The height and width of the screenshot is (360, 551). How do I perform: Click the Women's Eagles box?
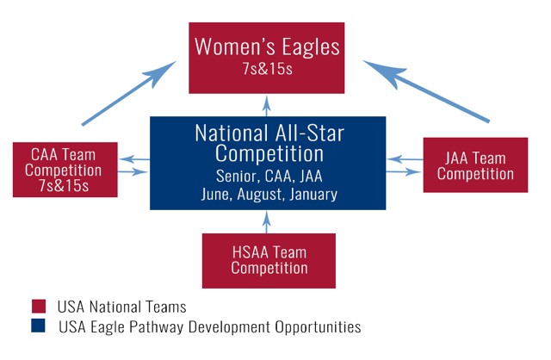(x=266, y=58)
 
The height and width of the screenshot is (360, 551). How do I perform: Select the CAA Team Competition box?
(x=65, y=170)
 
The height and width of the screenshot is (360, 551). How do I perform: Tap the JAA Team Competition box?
(x=475, y=164)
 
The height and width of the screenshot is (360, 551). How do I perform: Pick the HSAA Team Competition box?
(x=269, y=261)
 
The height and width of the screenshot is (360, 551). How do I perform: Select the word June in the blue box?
(x=216, y=195)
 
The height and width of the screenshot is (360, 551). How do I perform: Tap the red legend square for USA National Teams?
(x=39, y=307)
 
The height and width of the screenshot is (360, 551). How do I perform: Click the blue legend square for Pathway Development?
(x=38, y=326)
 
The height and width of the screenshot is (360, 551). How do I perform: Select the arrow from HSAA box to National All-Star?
(x=266, y=222)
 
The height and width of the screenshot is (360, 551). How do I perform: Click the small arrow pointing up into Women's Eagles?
(x=266, y=105)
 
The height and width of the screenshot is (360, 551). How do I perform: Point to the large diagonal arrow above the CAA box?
(x=128, y=93)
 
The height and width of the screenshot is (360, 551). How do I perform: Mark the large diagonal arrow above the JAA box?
(x=426, y=91)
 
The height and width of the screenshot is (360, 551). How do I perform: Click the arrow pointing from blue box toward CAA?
(x=134, y=159)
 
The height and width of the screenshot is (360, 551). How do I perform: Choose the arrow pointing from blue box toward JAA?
(x=404, y=171)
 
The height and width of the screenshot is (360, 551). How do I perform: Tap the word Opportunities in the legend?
(x=318, y=327)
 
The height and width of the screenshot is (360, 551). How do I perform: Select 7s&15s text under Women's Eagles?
(x=267, y=69)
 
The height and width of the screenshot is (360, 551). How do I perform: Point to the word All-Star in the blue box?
(x=310, y=133)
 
